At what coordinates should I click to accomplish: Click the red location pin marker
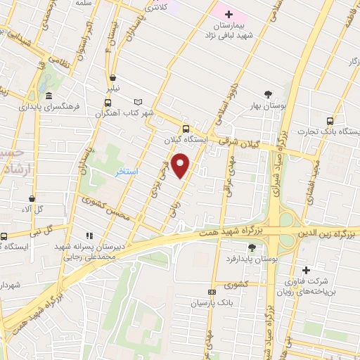[x=181, y=165]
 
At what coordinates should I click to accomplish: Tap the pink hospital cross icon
[x=229, y=14]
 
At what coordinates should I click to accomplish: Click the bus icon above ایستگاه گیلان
[x=186, y=128]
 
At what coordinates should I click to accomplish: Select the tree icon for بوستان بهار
[x=267, y=94]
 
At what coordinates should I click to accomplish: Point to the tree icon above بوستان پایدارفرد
[x=252, y=247]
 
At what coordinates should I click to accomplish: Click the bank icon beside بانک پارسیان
[x=212, y=292]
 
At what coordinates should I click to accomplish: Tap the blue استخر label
[x=127, y=172]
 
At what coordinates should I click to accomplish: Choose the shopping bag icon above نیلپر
[x=112, y=78]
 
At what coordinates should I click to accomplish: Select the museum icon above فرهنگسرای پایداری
[x=48, y=96]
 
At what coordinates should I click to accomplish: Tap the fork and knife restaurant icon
[x=89, y=236]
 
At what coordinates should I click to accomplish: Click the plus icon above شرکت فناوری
[x=305, y=270]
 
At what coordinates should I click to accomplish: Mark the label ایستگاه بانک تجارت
[x=328, y=131]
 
